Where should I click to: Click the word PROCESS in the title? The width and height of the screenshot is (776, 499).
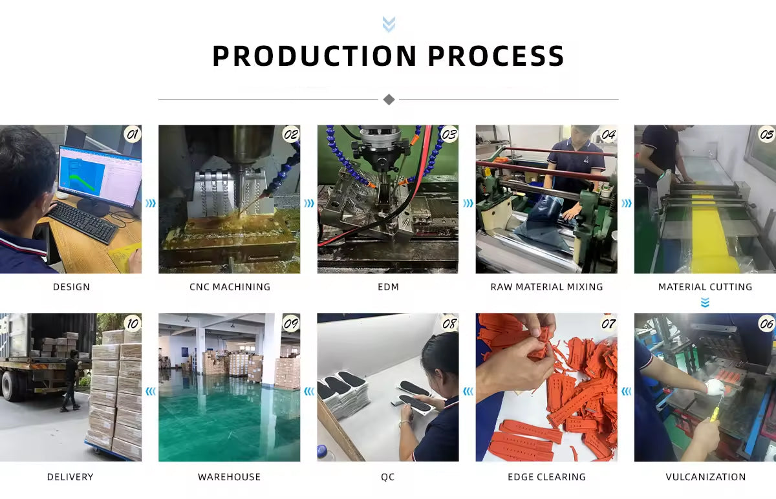click(496, 56)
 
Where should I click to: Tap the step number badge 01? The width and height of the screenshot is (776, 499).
click(132, 134)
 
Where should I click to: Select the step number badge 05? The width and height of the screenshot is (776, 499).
click(766, 134)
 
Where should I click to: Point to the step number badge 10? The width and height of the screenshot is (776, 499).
click(132, 323)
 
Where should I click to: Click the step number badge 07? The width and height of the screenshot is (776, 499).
click(608, 323)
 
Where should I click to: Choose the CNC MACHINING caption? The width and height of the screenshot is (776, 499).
click(230, 287)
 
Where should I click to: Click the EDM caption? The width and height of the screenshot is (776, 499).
click(388, 287)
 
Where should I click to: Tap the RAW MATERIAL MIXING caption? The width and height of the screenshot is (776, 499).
click(546, 287)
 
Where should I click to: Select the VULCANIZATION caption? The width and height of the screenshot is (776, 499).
click(706, 477)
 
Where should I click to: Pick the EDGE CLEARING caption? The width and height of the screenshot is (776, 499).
click(546, 477)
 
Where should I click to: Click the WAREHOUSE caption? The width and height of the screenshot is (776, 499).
click(230, 477)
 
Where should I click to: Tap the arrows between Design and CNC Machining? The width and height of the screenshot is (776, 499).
click(150, 204)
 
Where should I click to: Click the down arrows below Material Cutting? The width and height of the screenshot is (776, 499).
click(705, 303)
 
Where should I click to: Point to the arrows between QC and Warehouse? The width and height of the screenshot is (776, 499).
click(308, 391)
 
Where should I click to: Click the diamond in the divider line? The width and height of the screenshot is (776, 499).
click(389, 100)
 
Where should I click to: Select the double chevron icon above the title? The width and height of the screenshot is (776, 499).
click(389, 25)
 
